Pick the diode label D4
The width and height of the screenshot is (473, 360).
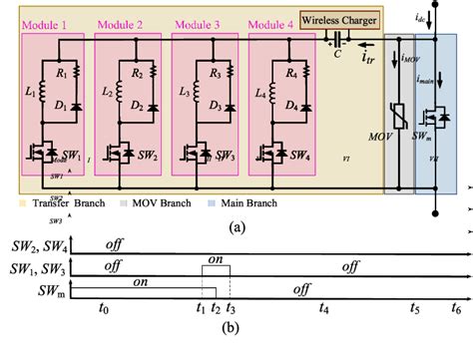296,106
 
